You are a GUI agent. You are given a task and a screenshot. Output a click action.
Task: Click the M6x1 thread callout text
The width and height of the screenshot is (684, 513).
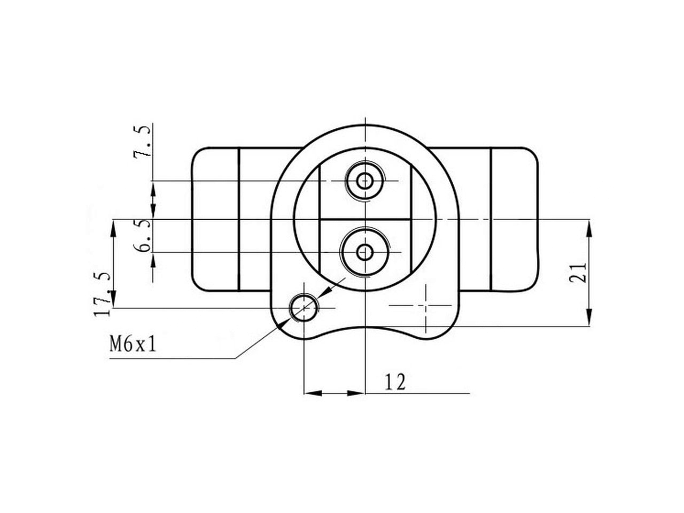[x=133, y=345]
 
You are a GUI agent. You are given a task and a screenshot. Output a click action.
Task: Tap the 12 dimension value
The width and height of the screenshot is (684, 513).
[x=395, y=382]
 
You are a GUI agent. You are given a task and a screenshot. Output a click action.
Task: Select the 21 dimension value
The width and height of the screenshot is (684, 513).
[x=578, y=273]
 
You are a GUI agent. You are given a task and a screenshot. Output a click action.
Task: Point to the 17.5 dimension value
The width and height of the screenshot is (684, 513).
[x=102, y=294]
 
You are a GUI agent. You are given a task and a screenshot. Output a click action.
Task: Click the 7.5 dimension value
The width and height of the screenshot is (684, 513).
[x=142, y=142]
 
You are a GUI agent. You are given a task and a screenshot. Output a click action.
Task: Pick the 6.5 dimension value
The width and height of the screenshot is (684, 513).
[x=142, y=236]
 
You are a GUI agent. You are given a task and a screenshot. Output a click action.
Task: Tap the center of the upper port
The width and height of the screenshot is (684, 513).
[x=364, y=181]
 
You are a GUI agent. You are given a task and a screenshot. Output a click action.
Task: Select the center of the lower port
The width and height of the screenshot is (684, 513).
[x=364, y=252]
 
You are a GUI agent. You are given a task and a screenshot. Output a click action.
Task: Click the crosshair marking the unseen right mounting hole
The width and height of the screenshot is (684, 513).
[x=426, y=305]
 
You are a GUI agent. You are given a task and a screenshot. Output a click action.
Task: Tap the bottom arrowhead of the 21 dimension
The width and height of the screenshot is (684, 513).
[x=589, y=317]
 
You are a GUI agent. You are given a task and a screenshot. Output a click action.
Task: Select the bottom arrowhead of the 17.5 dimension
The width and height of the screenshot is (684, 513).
[x=113, y=299]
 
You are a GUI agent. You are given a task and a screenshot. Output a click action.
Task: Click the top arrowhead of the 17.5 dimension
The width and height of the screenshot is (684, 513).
[x=113, y=228]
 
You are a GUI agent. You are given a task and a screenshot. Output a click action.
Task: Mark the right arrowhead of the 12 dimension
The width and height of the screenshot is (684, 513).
[x=356, y=393]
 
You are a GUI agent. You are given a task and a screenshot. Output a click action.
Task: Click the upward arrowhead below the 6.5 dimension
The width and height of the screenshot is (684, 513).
[x=153, y=260]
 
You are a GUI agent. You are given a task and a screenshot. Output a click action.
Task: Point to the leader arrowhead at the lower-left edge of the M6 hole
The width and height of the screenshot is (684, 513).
[x=283, y=324]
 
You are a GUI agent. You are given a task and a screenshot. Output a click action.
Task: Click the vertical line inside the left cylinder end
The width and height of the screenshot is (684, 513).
[x=239, y=220]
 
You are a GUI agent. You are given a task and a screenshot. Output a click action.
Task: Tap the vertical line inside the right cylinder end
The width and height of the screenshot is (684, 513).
[x=491, y=220]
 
